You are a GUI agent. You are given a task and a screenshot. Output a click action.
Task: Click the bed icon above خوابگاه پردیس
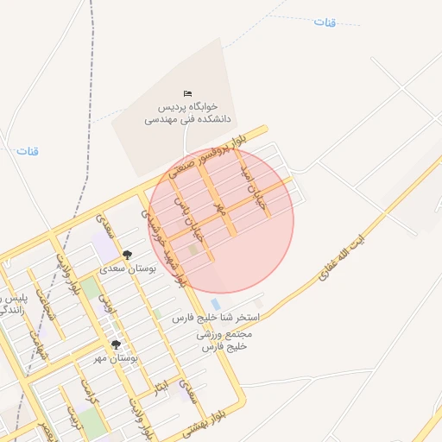[x=188, y=93]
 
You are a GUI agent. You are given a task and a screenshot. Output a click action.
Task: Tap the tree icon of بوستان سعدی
[x=127, y=254]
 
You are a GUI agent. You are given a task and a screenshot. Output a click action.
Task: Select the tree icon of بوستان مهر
[x=116, y=344]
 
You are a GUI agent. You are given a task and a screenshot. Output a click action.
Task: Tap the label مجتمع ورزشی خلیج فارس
[x=224, y=340]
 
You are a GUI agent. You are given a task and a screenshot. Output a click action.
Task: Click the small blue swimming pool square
[x=215, y=304]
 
